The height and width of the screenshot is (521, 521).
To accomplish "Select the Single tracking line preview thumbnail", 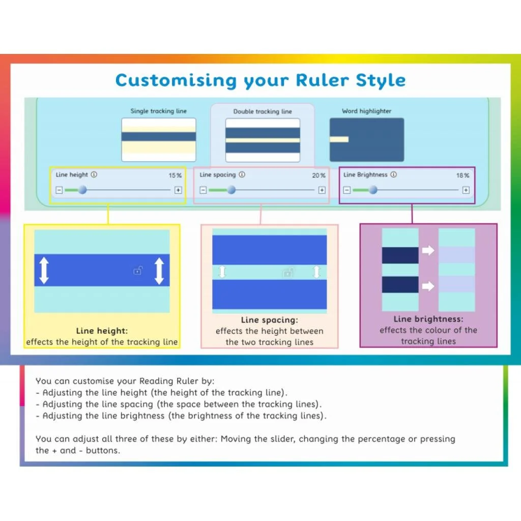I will point(159,139).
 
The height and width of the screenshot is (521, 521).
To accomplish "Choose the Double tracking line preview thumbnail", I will point(263,140).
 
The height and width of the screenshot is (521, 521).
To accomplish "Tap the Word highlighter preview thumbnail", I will point(367,139).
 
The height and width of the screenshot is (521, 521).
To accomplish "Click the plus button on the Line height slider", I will point(178,190).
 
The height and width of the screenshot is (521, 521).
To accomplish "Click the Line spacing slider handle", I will point(231,190).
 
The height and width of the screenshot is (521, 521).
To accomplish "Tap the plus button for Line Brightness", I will point(466,190).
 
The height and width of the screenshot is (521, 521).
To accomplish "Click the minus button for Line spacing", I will point(203,190).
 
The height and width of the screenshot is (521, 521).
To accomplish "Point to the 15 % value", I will point(175,176).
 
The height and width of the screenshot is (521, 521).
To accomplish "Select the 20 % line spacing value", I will point(319,176).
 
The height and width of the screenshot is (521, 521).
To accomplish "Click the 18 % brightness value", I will point(462,176).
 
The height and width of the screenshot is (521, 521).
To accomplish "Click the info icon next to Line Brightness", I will point(394,175).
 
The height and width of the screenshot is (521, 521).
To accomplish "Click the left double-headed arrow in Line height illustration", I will point(44,271).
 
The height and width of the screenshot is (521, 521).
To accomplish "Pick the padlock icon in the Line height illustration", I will point(137,271).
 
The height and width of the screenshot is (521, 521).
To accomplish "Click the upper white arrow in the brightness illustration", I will point(428,250).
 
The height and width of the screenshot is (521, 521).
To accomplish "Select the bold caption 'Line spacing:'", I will point(269,320).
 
